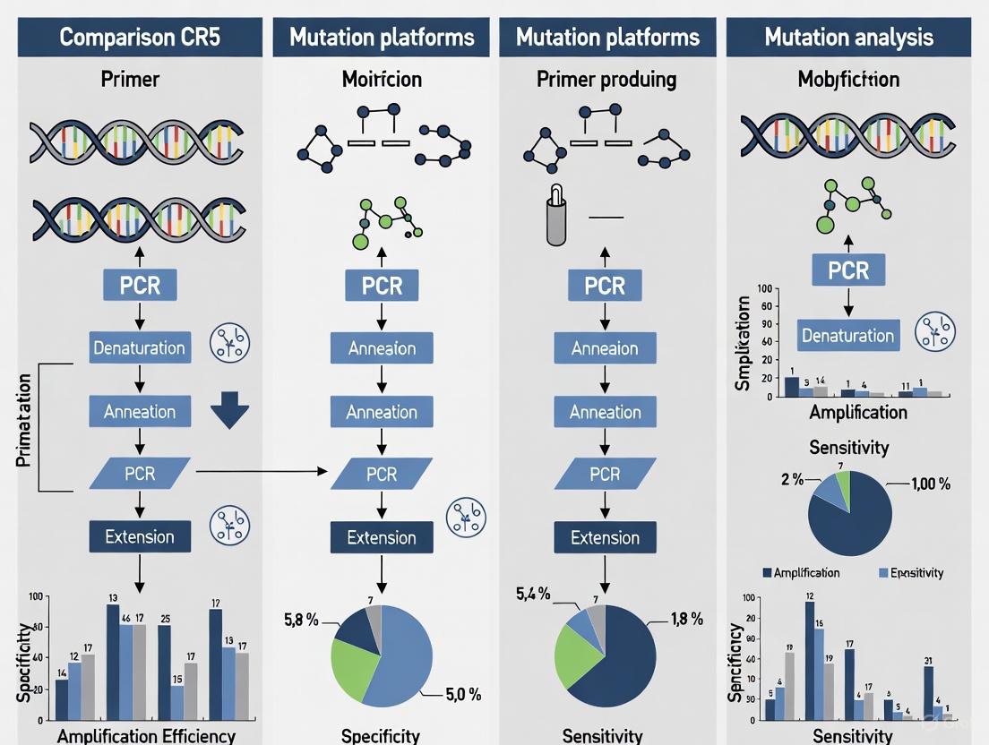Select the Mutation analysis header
(848, 38)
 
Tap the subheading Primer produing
(605, 80)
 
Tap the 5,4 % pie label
(534, 593)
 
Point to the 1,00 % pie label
(931, 484)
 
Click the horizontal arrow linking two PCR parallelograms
(260, 470)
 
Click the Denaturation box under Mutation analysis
(847, 336)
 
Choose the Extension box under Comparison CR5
(140, 536)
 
